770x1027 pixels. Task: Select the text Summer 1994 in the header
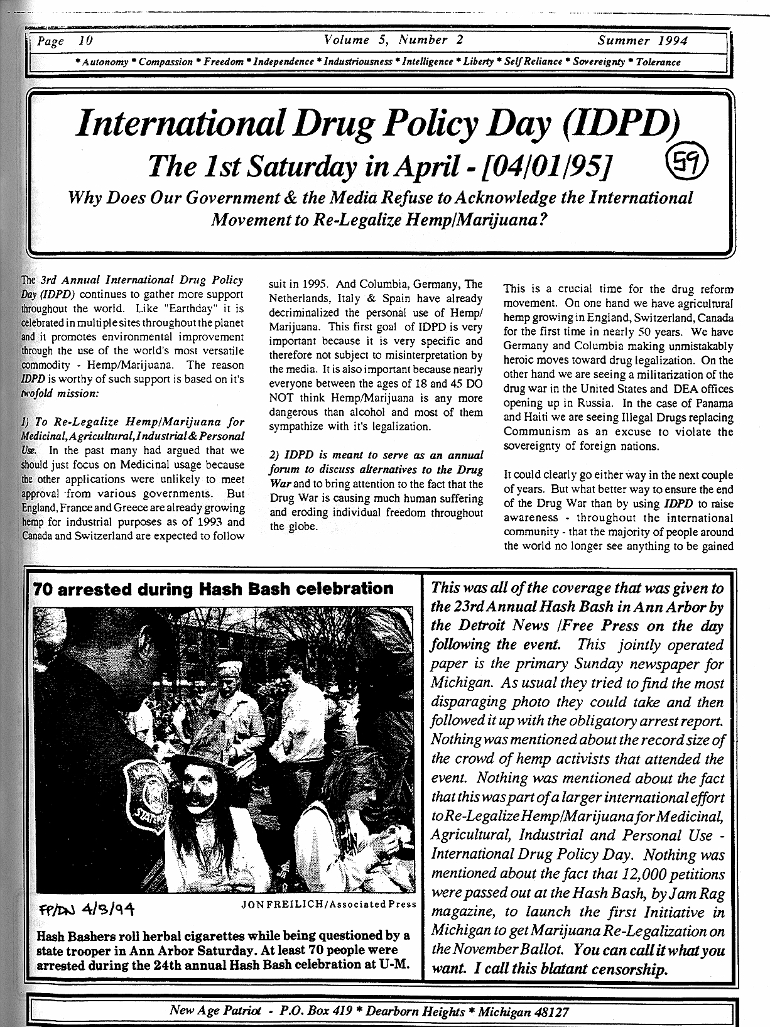coord(642,41)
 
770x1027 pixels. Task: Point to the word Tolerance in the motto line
coord(658,62)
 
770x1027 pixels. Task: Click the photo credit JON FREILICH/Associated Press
coord(328,904)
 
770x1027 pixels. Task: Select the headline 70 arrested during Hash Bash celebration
coord(213,589)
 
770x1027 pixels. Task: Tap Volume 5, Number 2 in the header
coord(394,40)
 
